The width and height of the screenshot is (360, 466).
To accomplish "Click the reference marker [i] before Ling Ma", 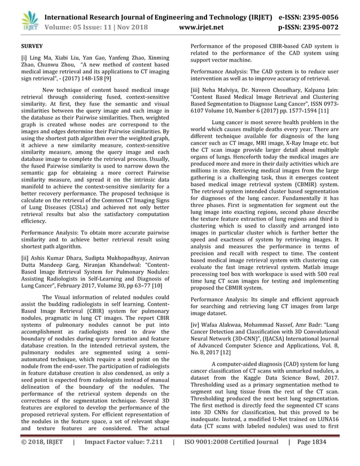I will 24,58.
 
